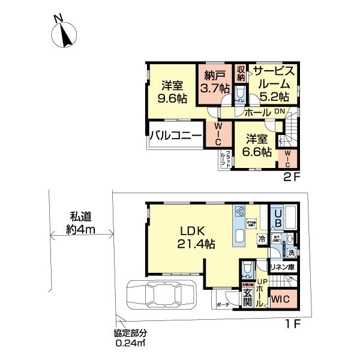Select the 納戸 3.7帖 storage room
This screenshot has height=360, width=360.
[216, 82]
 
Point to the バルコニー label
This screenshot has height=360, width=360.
[175, 135]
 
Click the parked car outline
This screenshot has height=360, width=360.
[161, 296]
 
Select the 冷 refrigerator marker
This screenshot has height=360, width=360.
[261, 239]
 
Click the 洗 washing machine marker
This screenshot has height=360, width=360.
[291, 253]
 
